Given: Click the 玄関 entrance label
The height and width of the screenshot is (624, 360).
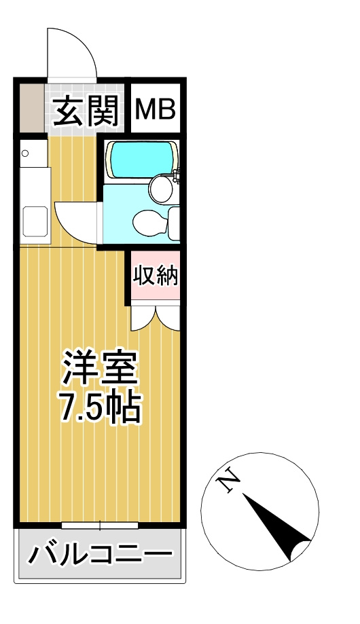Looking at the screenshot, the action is (x=86, y=111).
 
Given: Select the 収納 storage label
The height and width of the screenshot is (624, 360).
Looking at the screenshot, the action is (x=156, y=276).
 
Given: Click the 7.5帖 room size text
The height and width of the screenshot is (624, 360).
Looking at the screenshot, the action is (x=101, y=408).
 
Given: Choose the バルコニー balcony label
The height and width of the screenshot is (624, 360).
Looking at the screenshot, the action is (x=100, y=553).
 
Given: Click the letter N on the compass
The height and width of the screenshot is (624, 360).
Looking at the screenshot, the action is (x=228, y=480).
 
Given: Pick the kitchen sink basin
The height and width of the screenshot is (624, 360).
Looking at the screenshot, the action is (x=35, y=221).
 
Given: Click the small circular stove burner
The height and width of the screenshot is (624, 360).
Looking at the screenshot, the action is (x=26, y=153).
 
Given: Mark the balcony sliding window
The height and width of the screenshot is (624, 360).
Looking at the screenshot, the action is (x=100, y=526).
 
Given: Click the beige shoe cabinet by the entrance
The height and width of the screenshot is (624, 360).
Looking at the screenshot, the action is (x=32, y=107).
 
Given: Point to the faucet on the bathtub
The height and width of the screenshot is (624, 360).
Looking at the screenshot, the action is (x=177, y=175).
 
